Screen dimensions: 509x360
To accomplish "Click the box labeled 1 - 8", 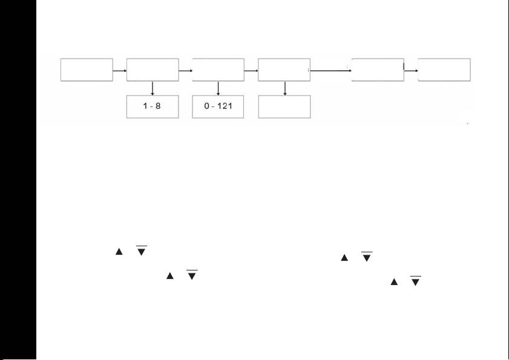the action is point(153,106).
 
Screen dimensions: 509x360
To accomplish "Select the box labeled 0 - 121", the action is point(218,106).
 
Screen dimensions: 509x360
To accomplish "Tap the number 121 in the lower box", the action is point(225,106).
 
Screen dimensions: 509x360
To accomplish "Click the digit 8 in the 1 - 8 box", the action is point(157,106).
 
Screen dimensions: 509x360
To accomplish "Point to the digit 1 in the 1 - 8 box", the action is point(147,106).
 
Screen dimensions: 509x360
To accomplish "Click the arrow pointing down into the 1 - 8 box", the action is point(153,88).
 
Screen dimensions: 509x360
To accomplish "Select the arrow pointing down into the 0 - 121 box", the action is point(218,88).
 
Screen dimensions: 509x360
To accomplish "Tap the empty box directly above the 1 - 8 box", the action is point(153,70).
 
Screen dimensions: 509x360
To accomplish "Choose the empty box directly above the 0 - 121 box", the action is point(218,70).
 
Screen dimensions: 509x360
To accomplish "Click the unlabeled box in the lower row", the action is point(284,106).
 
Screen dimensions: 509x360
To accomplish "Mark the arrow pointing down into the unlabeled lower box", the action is point(284,88).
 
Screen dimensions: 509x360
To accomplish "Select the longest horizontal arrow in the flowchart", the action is point(331,71).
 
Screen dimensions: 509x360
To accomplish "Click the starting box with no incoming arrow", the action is point(87,70).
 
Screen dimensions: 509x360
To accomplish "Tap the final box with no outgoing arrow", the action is point(444,70).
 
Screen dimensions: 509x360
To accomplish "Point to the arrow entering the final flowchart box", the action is point(411,71).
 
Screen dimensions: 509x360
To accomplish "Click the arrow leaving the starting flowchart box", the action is point(120,71).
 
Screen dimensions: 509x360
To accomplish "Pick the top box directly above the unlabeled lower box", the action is point(284,70).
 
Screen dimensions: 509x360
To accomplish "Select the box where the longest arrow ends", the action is point(378,70).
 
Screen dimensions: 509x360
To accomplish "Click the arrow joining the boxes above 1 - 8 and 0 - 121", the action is point(185,71).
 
